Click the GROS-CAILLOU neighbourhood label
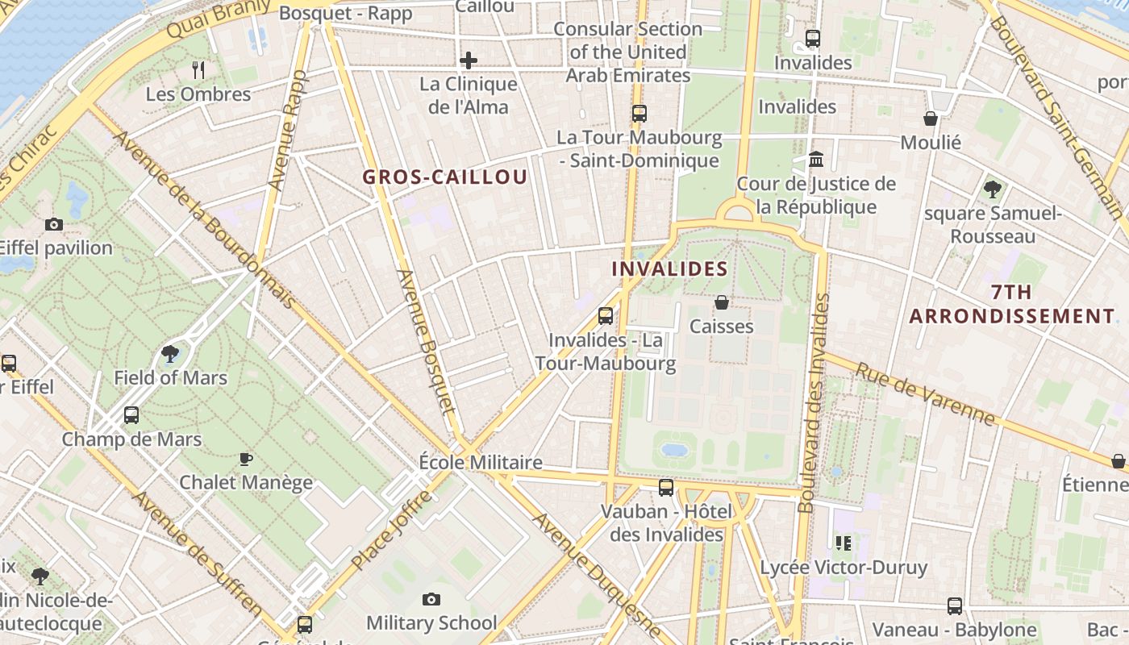445,177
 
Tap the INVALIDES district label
670,268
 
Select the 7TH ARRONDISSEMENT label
1012,304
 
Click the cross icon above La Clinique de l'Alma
469,60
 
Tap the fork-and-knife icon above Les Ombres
198,70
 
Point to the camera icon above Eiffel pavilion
54,224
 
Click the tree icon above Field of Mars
170,353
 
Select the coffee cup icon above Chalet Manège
246,459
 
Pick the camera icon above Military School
431,599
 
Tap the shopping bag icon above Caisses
722,302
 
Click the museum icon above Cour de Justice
816,159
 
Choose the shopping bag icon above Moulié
931,119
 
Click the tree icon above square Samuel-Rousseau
993,189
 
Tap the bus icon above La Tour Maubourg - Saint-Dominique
639,114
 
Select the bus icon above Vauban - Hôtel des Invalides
666,487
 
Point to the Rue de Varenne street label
925,394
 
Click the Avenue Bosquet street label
428,343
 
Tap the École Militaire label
481,462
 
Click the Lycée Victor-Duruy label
844,568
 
